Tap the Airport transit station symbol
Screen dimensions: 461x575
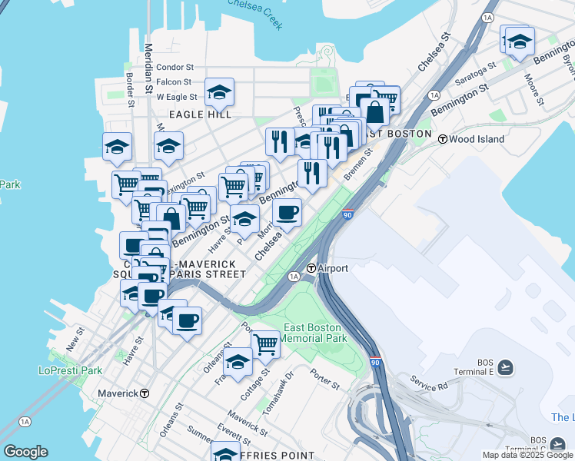312,268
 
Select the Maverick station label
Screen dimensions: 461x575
118,393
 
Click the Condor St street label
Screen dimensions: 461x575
174,68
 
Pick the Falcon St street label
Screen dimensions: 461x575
174,82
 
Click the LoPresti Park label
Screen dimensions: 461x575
70,370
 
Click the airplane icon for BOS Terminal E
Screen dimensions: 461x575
505,367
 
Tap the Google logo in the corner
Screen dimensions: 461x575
25,452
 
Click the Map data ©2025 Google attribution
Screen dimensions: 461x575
528,455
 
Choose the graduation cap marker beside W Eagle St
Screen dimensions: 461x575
219,93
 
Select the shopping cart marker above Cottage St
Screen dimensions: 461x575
265,343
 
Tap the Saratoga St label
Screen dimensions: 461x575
471,79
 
